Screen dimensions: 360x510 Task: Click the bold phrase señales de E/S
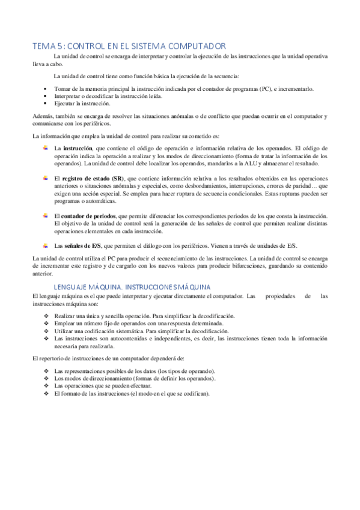pos(85,245)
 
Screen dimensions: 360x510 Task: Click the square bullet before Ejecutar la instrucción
pos(44,103)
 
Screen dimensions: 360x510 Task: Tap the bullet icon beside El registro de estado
pos(45,178)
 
